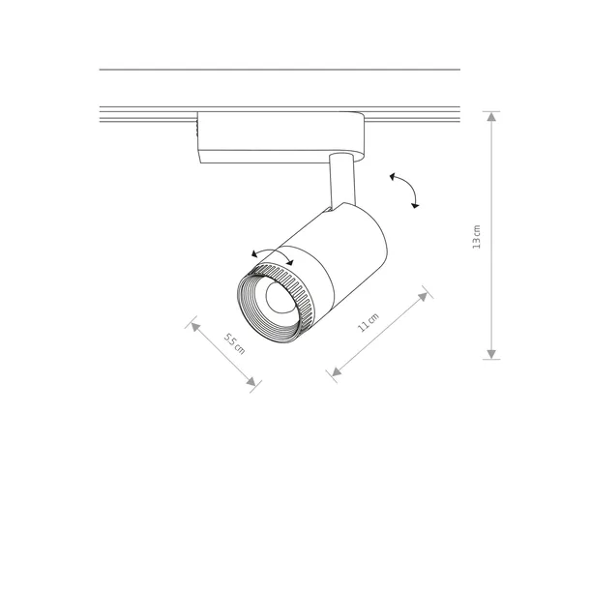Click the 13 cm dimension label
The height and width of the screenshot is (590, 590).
[x=477, y=237]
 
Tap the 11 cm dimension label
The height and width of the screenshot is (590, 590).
[x=368, y=322]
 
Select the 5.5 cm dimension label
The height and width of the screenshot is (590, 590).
[x=234, y=343]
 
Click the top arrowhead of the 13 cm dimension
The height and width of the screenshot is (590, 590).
[x=491, y=116]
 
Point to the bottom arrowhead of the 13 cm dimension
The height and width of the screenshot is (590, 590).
[x=491, y=354]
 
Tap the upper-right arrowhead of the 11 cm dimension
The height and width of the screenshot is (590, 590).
[x=424, y=297]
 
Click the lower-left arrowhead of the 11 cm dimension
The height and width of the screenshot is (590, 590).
[x=337, y=371]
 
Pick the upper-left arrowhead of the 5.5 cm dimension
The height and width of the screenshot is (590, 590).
[x=195, y=327]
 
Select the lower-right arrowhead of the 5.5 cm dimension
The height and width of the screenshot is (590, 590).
[x=251, y=381]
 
